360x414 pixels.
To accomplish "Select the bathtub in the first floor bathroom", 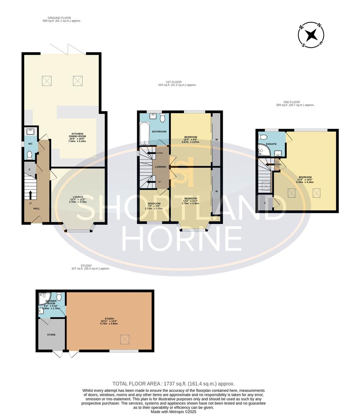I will [145, 134].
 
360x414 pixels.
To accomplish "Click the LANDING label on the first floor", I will [160, 167].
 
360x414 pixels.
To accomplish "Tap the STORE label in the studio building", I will [51, 335].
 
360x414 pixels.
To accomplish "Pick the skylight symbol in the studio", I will [125, 339].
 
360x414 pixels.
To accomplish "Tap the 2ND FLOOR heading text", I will [296, 103].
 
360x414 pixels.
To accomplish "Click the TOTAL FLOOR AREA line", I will [173, 383].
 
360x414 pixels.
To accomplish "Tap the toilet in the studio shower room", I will [59, 296].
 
